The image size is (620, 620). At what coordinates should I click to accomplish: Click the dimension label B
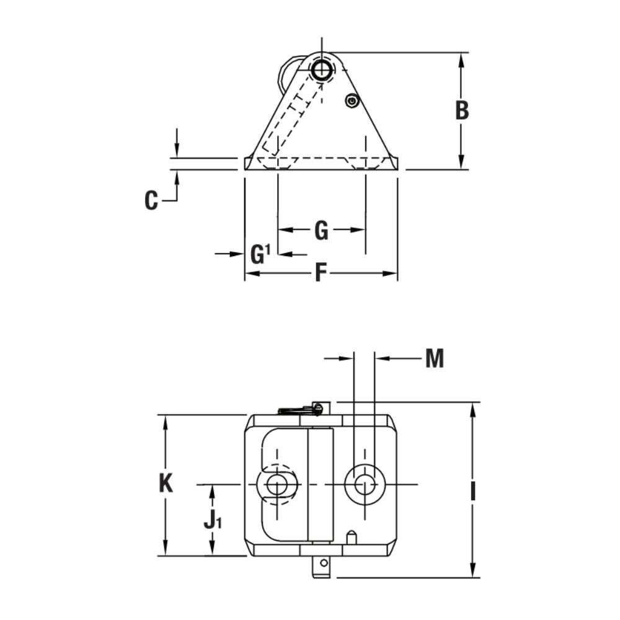pyautogui.click(x=462, y=110)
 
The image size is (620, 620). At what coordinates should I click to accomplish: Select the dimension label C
pyautogui.click(x=151, y=201)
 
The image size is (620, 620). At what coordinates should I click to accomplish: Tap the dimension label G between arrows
pyautogui.click(x=321, y=231)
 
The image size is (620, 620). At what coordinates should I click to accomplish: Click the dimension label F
pyautogui.click(x=320, y=273)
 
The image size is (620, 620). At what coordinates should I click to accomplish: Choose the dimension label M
pyautogui.click(x=435, y=358)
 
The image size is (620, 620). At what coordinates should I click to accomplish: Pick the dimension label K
pyautogui.click(x=166, y=483)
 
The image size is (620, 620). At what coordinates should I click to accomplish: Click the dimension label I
pyautogui.click(x=473, y=492)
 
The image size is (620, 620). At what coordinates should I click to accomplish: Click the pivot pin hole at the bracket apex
pyautogui.click(x=321, y=69)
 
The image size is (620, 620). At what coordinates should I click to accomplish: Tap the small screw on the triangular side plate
pyautogui.click(x=352, y=100)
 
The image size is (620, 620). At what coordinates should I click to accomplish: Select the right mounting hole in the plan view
pyautogui.click(x=365, y=484)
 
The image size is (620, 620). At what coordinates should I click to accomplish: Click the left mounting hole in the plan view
pyautogui.click(x=277, y=484)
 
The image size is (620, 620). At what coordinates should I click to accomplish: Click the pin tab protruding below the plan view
pyautogui.click(x=321, y=566)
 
